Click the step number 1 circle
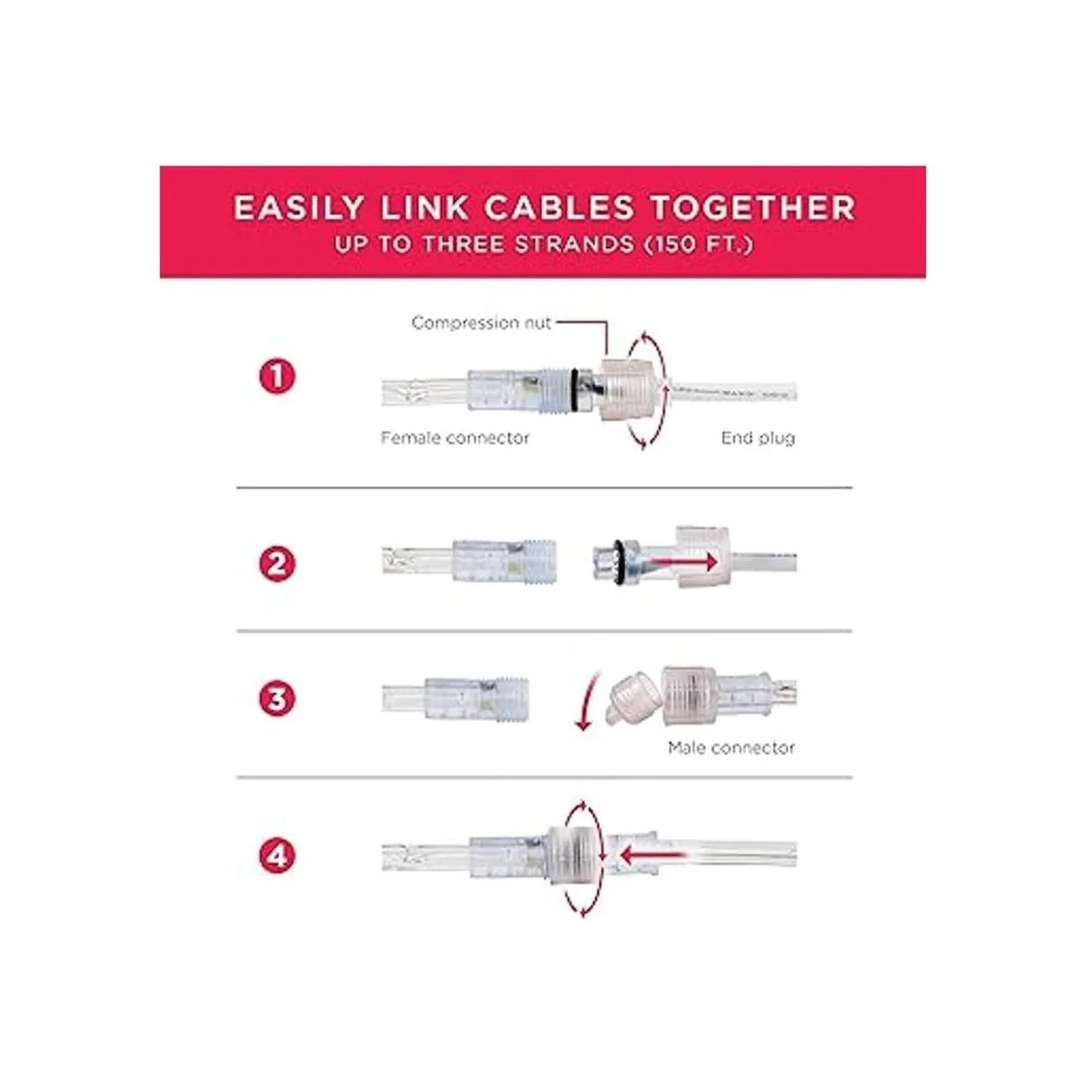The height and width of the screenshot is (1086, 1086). coord(277,377)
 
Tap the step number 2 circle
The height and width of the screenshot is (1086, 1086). coord(277,564)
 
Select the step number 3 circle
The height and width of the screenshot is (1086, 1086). coord(277,700)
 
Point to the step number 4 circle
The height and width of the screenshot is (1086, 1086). coord(277,856)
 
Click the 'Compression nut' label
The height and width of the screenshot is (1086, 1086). coord(481,323)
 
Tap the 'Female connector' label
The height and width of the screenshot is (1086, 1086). coord(455,438)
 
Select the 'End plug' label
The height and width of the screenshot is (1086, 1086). coord(758,438)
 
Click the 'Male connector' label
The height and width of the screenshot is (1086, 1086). coord(731,748)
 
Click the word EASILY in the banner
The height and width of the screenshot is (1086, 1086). coord(298,207)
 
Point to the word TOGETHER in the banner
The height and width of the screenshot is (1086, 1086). coord(753,207)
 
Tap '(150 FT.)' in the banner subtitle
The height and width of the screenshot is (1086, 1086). coord(700,244)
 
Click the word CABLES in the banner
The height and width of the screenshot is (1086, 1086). coord(559,207)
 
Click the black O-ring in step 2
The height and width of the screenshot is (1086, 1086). coord(619,561)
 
